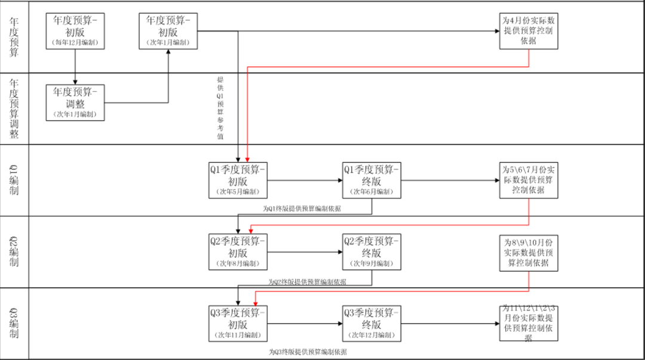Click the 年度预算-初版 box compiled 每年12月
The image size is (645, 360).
[75, 30]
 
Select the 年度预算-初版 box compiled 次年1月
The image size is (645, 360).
[168, 30]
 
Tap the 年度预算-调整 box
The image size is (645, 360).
[75, 102]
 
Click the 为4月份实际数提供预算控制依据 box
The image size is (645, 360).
[529, 30]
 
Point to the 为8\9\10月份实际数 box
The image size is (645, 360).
[529, 253]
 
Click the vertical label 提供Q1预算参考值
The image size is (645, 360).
[220, 107]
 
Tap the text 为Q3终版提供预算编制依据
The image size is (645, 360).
[307, 352]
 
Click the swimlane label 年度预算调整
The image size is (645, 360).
[14, 109]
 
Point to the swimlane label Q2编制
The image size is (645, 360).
[14, 252]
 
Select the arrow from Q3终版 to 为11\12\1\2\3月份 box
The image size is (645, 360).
[450, 324]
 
